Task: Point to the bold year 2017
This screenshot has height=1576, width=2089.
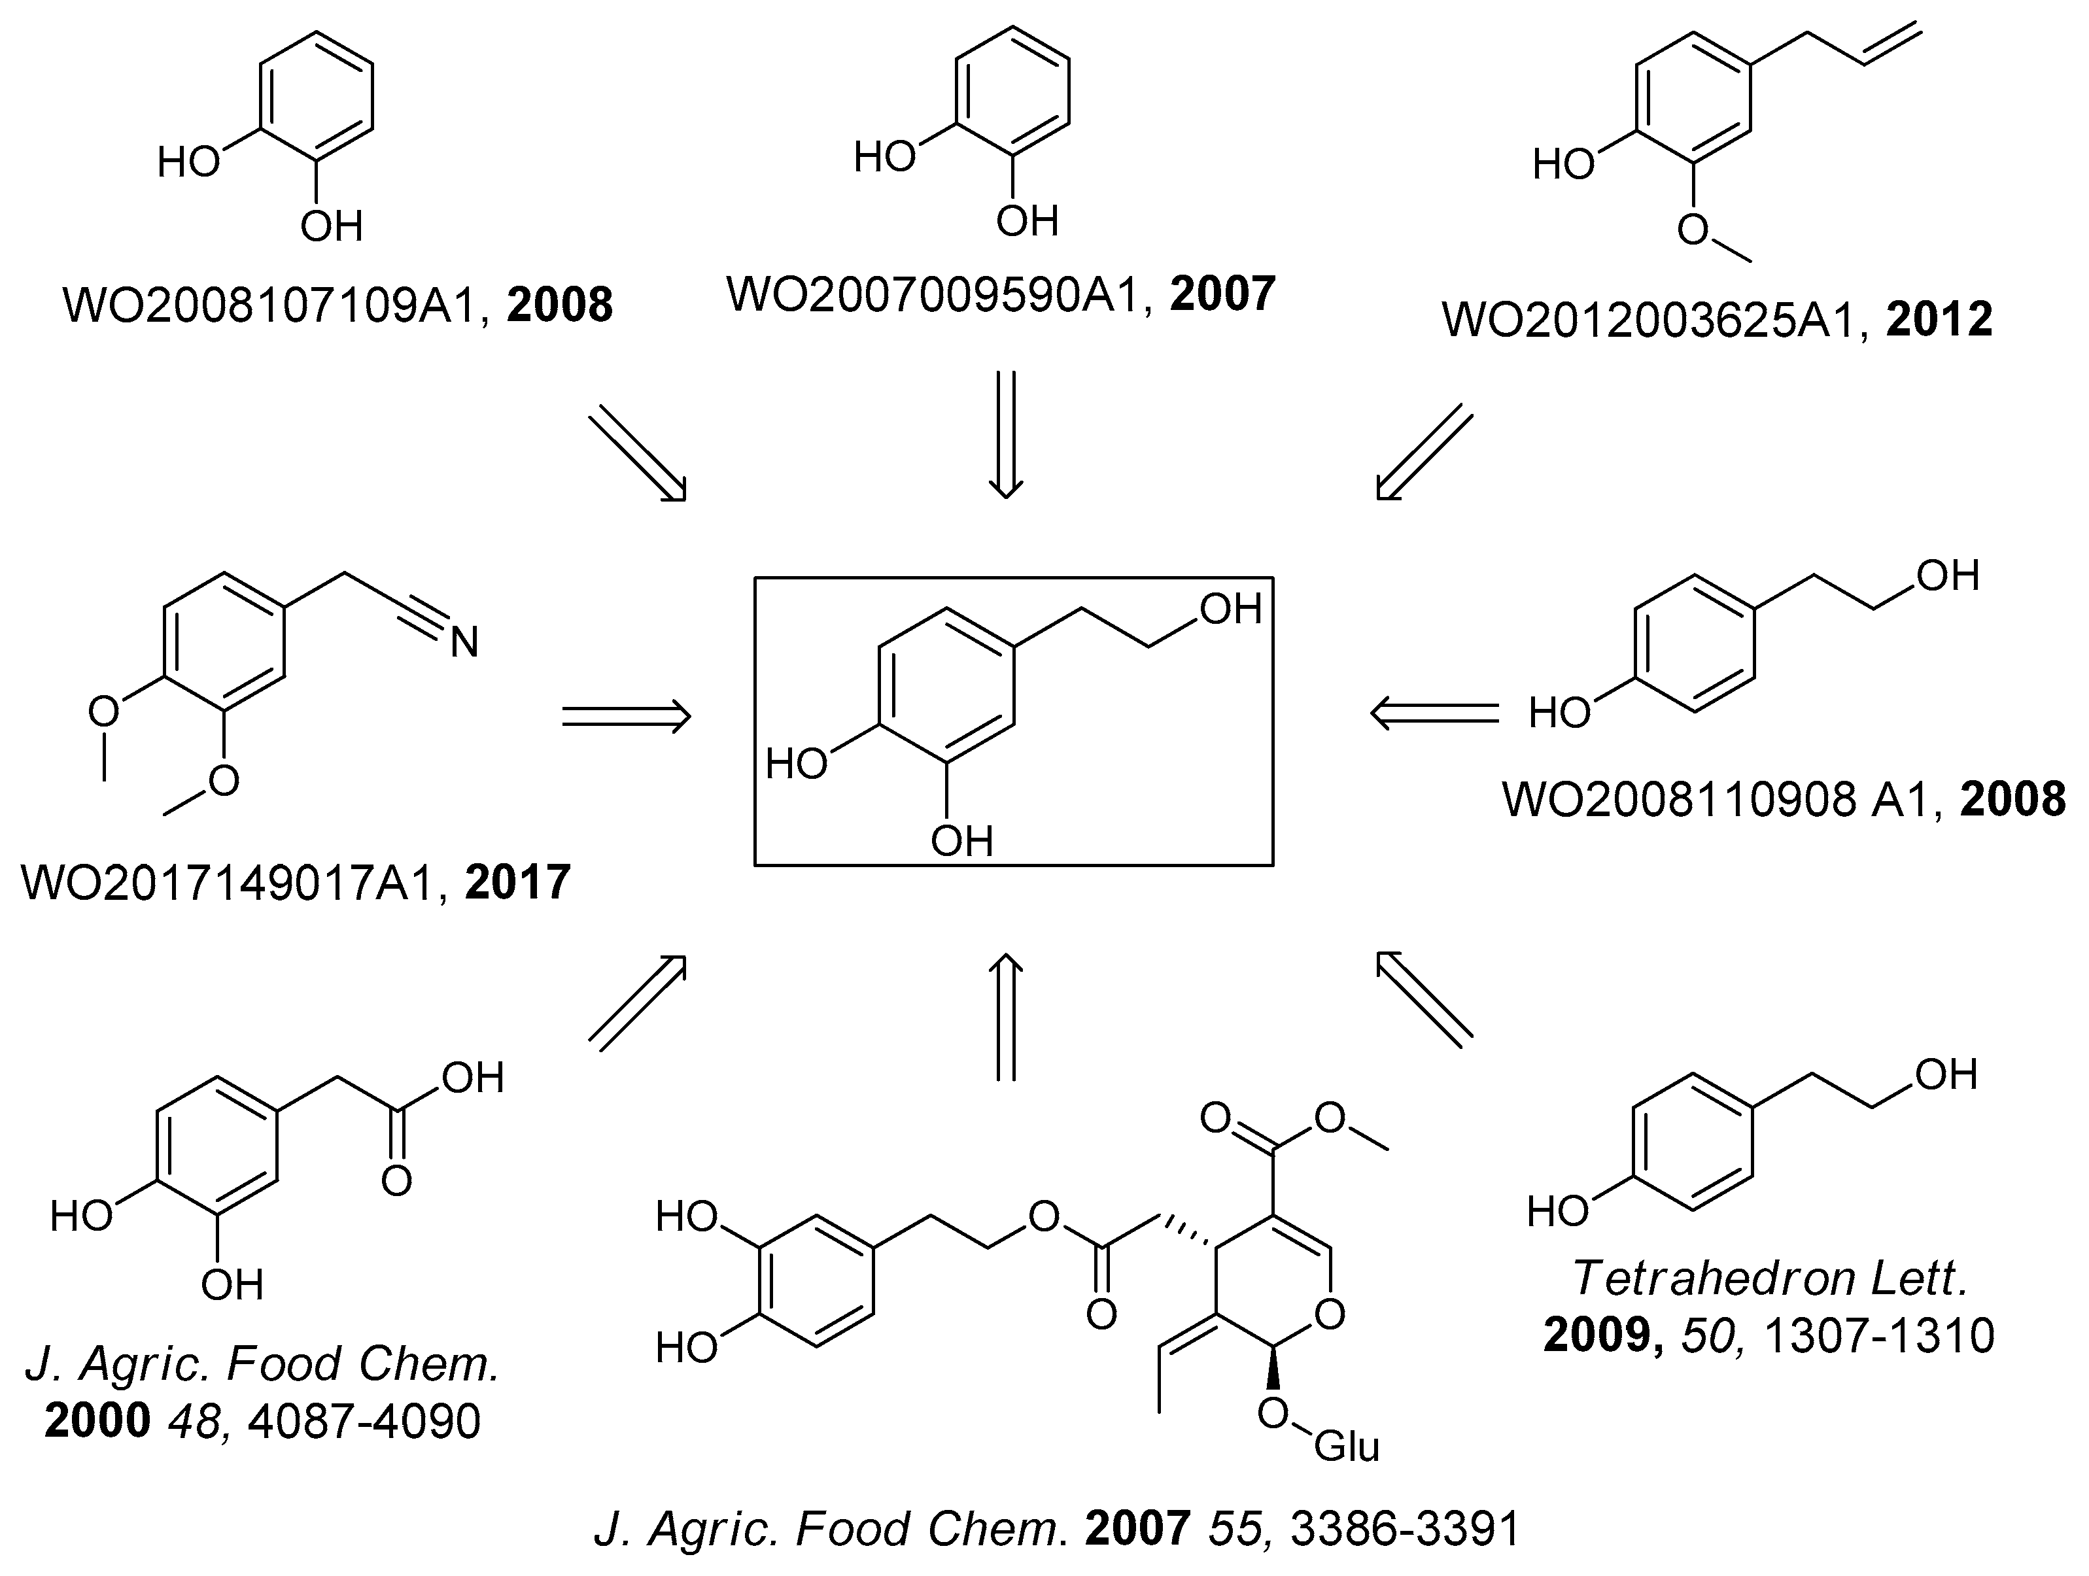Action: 517,882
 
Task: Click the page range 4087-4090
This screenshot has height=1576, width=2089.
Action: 364,1421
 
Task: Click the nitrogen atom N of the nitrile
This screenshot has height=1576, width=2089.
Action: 464,643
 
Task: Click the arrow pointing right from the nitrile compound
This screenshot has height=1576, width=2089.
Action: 626,716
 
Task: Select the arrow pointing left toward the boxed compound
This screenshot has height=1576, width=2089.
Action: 1434,713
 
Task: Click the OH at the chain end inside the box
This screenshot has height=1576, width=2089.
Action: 1230,610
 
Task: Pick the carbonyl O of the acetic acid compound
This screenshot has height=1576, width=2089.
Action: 396,1180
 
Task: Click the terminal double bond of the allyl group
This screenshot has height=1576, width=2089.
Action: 1891,45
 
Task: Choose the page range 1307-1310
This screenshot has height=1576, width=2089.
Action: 1878,1336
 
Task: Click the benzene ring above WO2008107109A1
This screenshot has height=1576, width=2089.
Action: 317,94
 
